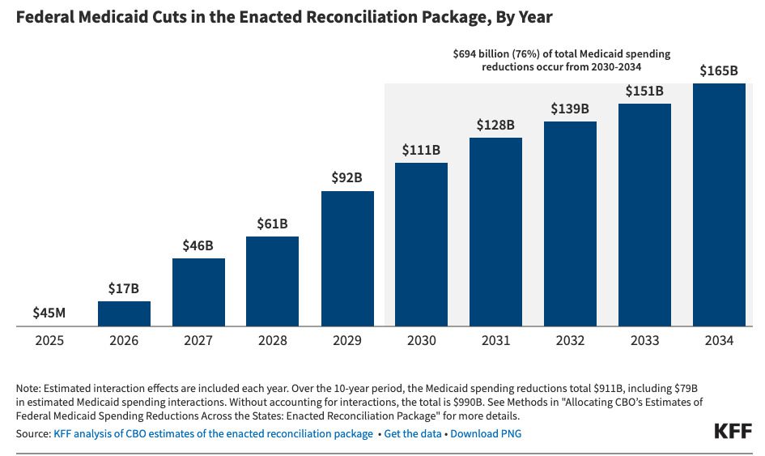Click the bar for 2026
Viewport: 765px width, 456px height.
(x=124, y=313)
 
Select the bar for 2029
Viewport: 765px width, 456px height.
(x=347, y=258)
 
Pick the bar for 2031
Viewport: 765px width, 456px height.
(x=495, y=232)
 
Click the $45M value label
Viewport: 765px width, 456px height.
(x=50, y=312)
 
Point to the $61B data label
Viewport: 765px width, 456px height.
(x=272, y=223)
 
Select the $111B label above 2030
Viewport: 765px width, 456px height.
(x=421, y=150)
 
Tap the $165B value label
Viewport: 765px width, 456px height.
(x=719, y=70)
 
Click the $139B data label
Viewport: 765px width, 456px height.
(x=570, y=108)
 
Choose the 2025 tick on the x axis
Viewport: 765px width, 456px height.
(x=50, y=341)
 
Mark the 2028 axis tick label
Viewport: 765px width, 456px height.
(x=272, y=341)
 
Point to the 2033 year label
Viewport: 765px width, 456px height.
(x=644, y=341)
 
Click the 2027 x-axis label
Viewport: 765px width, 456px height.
(x=198, y=341)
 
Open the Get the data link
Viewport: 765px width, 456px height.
(x=413, y=433)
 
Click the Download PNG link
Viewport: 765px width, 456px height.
(x=486, y=433)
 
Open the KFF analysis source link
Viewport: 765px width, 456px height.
(x=212, y=433)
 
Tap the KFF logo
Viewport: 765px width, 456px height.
(x=733, y=431)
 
